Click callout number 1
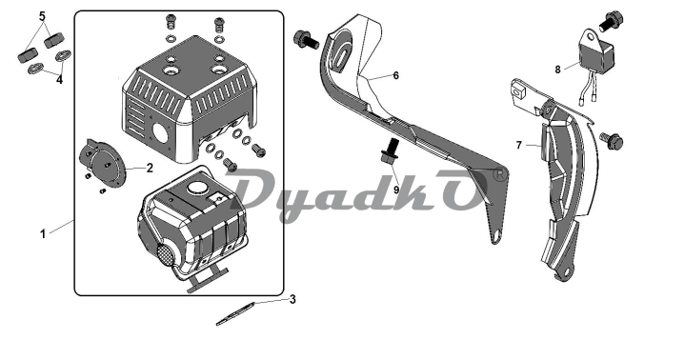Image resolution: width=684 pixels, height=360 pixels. click(x=43, y=234)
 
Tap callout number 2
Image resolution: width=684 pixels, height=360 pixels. click(x=150, y=168)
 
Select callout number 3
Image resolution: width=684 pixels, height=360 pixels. click(x=292, y=299)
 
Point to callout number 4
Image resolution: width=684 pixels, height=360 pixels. click(x=59, y=80)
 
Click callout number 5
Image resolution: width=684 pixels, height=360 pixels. click(x=42, y=16)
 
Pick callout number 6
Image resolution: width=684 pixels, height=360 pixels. click(x=395, y=75)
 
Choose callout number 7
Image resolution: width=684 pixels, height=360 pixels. click(x=518, y=145)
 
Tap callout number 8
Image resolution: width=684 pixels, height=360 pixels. click(x=557, y=70)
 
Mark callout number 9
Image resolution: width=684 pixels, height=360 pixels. click(x=396, y=190)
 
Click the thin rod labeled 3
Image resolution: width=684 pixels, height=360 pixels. click(x=238, y=313)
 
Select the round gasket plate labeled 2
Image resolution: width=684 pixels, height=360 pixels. click(x=103, y=165)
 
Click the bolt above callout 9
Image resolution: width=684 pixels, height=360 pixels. click(x=391, y=151)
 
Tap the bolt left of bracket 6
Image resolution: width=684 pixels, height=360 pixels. click(x=306, y=40)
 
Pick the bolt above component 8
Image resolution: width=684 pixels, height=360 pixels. click(x=612, y=21)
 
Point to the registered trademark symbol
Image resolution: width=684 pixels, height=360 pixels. click(x=500, y=174)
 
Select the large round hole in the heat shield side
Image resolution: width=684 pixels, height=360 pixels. click(x=161, y=130)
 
